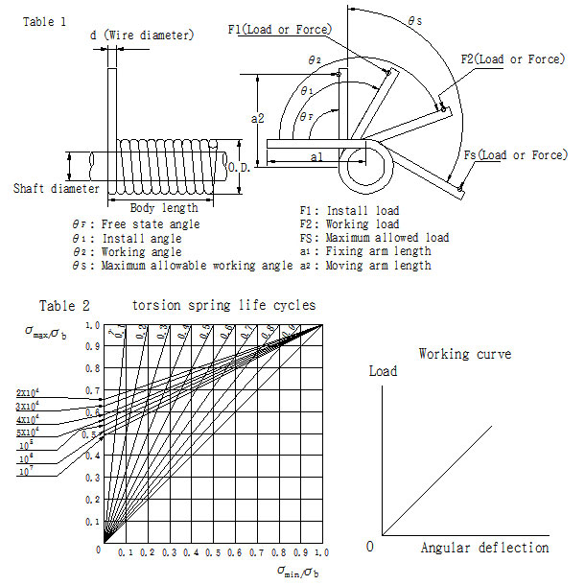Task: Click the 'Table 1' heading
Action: [x=44, y=20]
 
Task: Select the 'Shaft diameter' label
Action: [x=57, y=189]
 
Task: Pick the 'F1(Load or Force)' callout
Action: [x=282, y=30]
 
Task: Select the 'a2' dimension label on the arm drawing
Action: [x=257, y=118]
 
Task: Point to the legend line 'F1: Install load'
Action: [x=349, y=209]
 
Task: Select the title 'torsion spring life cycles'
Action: [x=224, y=306]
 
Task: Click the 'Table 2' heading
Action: [x=64, y=306]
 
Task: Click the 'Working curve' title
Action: [x=465, y=354]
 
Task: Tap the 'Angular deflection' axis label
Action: [x=484, y=548]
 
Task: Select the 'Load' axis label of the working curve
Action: [x=383, y=370]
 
